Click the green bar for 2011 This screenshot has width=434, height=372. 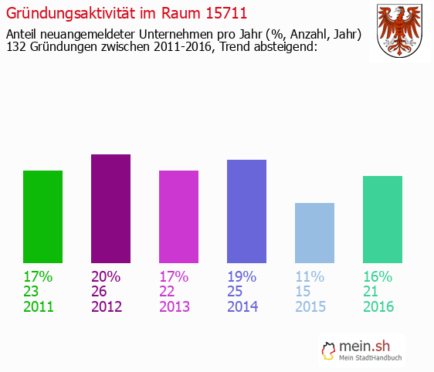pos(42,217)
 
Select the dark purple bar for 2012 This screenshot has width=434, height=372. pos(110,208)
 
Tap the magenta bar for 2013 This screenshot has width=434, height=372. pos(178,217)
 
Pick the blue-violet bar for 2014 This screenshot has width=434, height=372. pos(246,211)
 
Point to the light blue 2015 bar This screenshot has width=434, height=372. pos(314,233)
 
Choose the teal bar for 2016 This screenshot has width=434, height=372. pos(382,219)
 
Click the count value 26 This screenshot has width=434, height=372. pos(100,292)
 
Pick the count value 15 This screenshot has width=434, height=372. pos(303,292)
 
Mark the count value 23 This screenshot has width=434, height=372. pos(32,292)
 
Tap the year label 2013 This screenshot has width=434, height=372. pos(175,306)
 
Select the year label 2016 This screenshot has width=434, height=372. pos(378,306)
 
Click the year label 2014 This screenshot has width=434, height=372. pos(242,306)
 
